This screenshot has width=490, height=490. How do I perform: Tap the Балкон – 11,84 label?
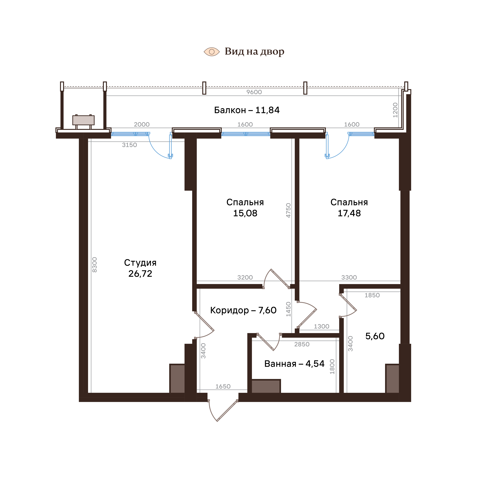[247, 110]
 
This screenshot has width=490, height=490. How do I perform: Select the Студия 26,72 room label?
[140, 268]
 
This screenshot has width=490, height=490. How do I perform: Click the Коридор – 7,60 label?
[243, 310]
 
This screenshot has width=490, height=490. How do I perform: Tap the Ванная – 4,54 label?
[294, 364]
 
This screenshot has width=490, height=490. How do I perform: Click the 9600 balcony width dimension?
[254, 92]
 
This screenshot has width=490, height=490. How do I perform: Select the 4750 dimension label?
[288, 210]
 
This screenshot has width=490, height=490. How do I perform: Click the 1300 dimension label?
[322, 326]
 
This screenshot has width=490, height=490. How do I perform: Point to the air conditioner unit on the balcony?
[83, 120]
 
